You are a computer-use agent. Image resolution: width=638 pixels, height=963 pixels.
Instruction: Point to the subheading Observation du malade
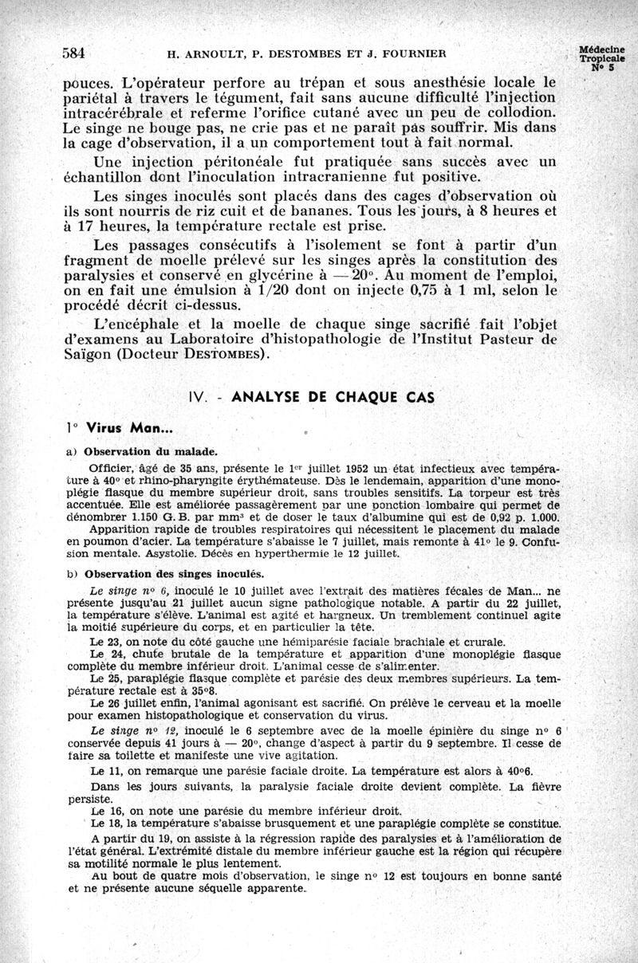(x=140, y=450)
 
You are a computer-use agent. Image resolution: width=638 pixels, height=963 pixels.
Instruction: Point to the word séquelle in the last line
(x=194, y=886)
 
